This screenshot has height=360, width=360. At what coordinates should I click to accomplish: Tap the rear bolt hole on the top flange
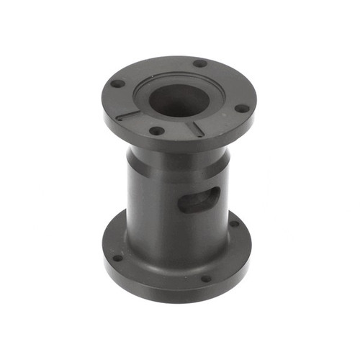point(199,63)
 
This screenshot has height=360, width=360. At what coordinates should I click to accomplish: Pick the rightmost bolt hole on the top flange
point(243,109)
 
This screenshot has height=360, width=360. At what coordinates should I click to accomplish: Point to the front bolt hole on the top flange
point(156,131)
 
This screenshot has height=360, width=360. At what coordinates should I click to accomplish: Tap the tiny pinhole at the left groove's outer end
point(119,118)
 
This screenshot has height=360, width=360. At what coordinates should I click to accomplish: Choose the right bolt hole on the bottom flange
point(234,224)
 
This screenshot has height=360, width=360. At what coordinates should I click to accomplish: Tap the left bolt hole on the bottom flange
point(117,257)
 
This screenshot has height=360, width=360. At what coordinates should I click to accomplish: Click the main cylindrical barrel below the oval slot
point(173,230)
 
